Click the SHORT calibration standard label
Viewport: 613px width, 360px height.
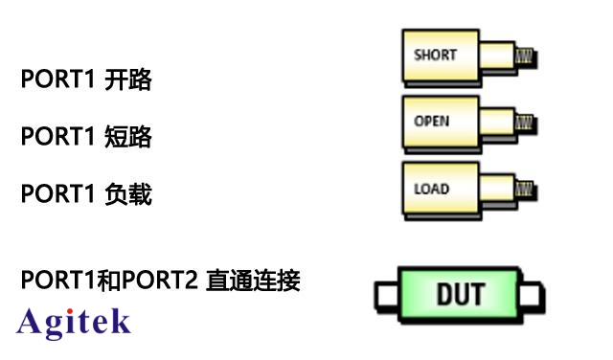[435, 56]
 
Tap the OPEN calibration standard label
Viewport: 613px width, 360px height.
[431, 122]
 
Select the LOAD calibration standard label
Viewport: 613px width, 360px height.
[431, 189]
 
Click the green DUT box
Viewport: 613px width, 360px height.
[460, 294]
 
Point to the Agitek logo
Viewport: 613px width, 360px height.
[74, 322]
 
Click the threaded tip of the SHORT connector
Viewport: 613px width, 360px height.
[524, 56]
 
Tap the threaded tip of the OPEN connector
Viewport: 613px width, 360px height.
[524, 123]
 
